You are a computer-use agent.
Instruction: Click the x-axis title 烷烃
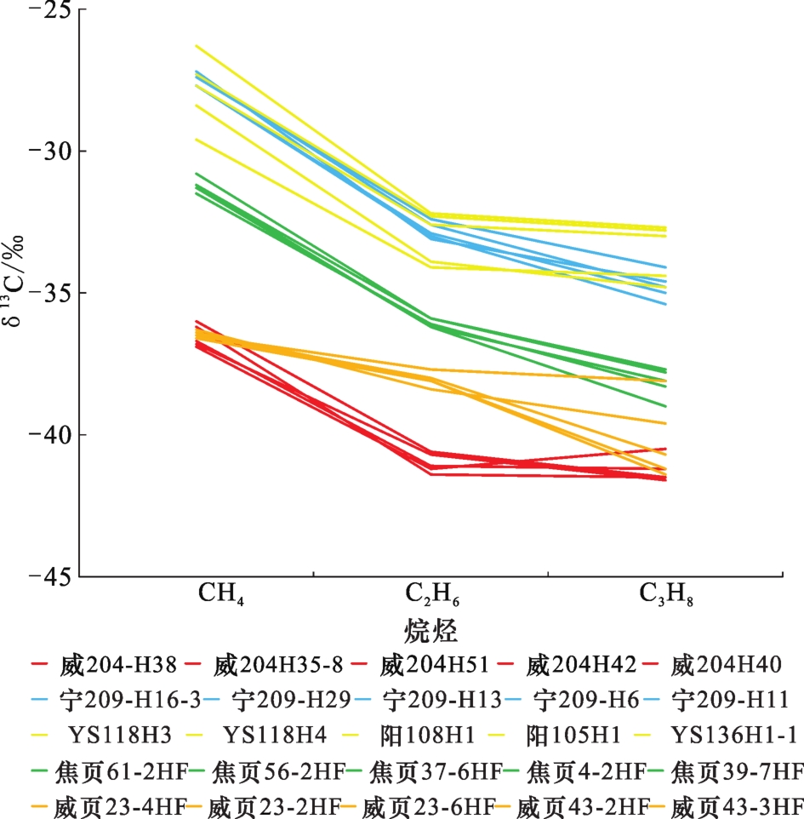(x=431, y=631)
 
